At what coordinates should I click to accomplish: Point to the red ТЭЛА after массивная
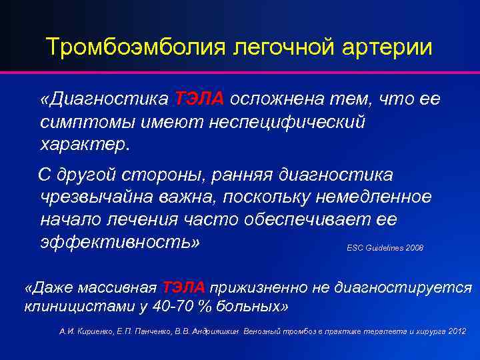183,287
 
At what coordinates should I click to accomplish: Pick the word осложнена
277,99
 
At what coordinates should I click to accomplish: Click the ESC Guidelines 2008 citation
385,247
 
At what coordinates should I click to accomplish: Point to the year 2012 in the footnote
457,331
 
